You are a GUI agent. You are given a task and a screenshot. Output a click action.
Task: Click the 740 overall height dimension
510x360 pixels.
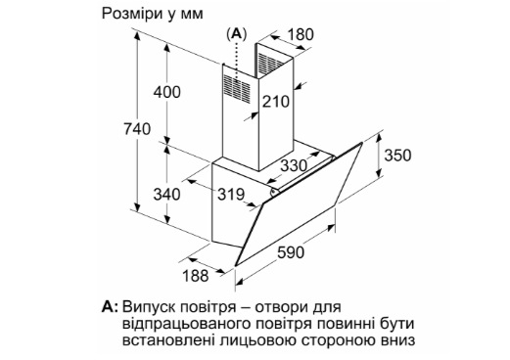tap(137, 129)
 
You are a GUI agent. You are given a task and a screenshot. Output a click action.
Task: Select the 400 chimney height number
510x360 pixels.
tap(167, 92)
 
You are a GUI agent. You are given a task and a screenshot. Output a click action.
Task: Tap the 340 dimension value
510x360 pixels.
tap(167, 195)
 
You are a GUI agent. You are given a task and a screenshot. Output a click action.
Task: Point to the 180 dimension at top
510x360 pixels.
tap(301, 34)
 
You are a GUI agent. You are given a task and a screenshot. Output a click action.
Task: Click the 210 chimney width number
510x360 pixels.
tap(276, 102)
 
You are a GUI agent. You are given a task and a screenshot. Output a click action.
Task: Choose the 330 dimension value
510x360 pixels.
tap(294, 165)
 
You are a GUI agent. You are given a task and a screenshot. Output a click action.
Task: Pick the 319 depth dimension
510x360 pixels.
tap(231, 195)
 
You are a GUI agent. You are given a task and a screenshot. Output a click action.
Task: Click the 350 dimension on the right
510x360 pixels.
tap(397, 156)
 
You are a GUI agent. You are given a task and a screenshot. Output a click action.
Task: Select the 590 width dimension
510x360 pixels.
tap(291, 252)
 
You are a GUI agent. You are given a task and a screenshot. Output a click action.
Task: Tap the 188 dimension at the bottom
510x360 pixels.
tap(195, 276)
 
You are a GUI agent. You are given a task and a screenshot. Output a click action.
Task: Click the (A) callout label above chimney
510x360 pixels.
tap(237, 33)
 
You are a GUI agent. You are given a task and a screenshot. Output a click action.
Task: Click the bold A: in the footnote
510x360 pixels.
tap(110, 307)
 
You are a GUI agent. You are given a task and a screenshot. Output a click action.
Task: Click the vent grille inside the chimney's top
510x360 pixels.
tap(270, 64)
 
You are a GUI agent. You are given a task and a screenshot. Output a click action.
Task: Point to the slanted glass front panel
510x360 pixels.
tap(299, 204)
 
